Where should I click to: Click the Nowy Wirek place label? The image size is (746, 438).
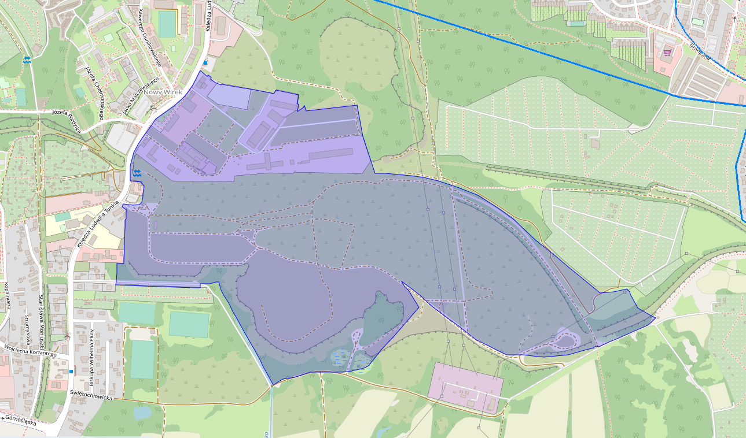point(164,92)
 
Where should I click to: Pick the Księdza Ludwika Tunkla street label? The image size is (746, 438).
point(97,224)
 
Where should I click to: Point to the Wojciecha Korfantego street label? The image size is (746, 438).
point(30,351)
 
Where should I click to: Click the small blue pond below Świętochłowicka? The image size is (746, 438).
point(142,413)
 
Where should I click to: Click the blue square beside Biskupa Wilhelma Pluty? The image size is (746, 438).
point(71,371)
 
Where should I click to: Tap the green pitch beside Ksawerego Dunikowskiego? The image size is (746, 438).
point(167,24)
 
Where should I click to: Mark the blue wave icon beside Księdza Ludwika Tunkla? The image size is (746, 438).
point(137,172)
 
